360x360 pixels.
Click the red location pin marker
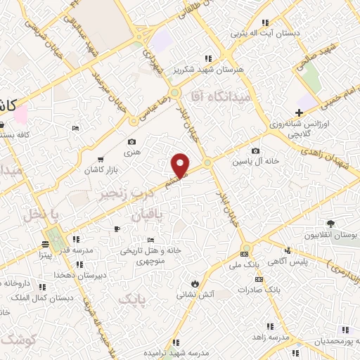point(181,165)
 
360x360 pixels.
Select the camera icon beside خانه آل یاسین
point(255,150)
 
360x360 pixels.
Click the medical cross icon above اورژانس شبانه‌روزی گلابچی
point(300,112)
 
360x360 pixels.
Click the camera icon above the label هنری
point(131,122)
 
